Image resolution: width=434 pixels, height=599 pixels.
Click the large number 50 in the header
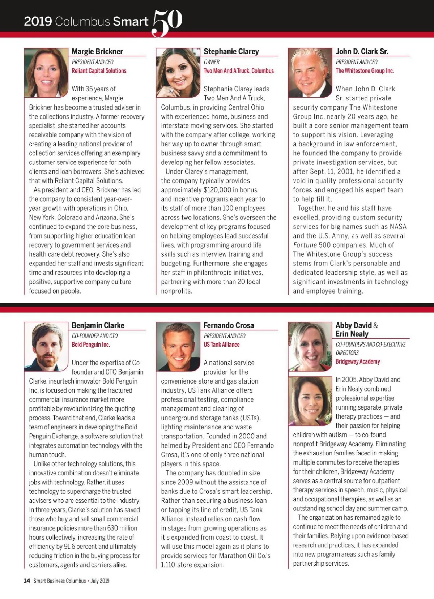tap(167, 22)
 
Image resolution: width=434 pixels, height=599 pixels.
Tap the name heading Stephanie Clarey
tap(231, 51)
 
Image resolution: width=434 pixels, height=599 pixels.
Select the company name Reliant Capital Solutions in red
tap(99, 71)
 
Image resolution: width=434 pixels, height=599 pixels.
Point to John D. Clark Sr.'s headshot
tap(310, 73)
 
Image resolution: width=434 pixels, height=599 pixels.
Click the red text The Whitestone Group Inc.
tap(365, 71)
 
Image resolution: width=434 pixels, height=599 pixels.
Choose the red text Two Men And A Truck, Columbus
tap(239, 71)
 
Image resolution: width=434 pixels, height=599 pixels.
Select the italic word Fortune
tap(305, 245)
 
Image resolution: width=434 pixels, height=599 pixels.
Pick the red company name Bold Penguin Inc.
tap(91, 345)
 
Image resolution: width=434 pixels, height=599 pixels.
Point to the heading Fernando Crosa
tap(229, 325)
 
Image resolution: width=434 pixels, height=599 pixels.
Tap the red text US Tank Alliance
tap(221, 345)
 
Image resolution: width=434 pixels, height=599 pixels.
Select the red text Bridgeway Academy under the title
tap(358, 361)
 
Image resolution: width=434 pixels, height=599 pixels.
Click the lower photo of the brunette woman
tap(310, 401)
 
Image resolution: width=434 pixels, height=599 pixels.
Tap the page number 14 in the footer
tap(27, 581)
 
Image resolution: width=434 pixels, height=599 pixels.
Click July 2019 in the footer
tap(100, 581)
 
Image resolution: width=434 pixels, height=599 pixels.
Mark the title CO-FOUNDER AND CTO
tap(94, 336)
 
